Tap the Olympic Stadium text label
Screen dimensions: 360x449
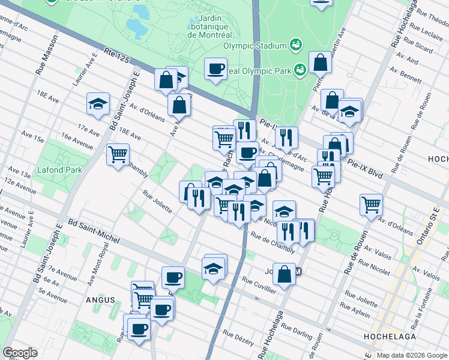(255, 46)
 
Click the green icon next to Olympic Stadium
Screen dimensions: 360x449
(295, 44)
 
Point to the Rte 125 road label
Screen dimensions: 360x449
(116, 55)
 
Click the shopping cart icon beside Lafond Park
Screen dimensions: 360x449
(118, 154)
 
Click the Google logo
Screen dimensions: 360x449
(20, 353)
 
